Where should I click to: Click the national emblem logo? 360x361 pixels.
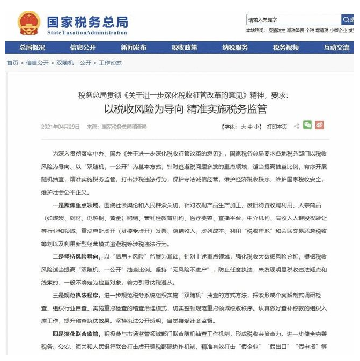tap(29, 24)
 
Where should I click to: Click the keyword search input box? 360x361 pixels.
tap(293, 20)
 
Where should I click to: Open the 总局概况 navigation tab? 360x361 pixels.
tap(32, 47)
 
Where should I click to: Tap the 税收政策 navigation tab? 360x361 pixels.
tap(184, 47)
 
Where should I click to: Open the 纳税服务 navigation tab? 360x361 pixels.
tap(235, 47)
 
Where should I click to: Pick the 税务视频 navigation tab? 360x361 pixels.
tap(285, 47)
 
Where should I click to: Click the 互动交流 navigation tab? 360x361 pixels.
tap(336, 47)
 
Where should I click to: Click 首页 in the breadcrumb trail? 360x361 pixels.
tap(12, 63)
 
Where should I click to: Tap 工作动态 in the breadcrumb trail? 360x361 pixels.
tap(110, 63)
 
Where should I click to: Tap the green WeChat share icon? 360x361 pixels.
tap(307, 126)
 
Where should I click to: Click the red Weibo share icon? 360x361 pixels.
tap(320, 126)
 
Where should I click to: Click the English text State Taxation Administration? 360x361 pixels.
tap(87, 32)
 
